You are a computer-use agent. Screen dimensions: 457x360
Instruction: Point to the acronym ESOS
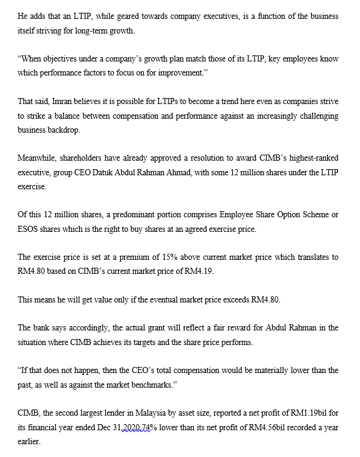click(28, 229)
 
